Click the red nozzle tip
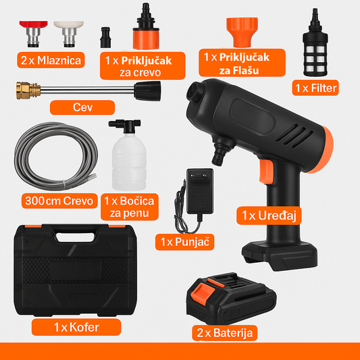click(x=34, y=34)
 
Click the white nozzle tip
click(x=69, y=34)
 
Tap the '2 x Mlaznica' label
click(x=51, y=60)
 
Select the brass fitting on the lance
click(x=28, y=91)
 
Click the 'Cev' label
click(x=82, y=107)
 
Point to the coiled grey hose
click(x=56, y=156)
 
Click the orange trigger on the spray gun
click(x=266, y=172)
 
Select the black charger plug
click(x=200, y=191)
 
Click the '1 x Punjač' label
click(x=185, y=242)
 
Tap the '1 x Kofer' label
click(x=76, y=327)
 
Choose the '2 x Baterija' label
click(x=224, y=333)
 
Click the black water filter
click(x=315, y=43)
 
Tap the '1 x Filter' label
click(x=315, y=88)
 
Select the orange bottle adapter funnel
click(x=242, y=32)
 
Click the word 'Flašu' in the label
click(x=239, y=70)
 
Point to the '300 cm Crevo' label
click(x=59, y=201)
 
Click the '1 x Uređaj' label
click(x=269, y=215)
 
